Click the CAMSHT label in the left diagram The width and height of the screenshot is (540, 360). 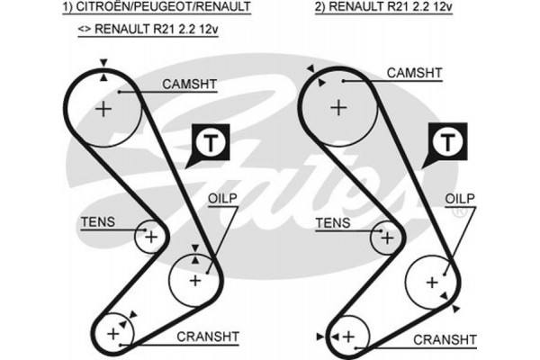[190, 85]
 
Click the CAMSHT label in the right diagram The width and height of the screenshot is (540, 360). [414, 73]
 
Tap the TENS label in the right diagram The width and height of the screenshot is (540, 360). [334, 220]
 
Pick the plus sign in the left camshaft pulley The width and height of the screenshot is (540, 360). [104, 110]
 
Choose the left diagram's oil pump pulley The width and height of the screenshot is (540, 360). [195, 280]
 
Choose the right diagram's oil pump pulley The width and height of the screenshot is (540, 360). [431, 282]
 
